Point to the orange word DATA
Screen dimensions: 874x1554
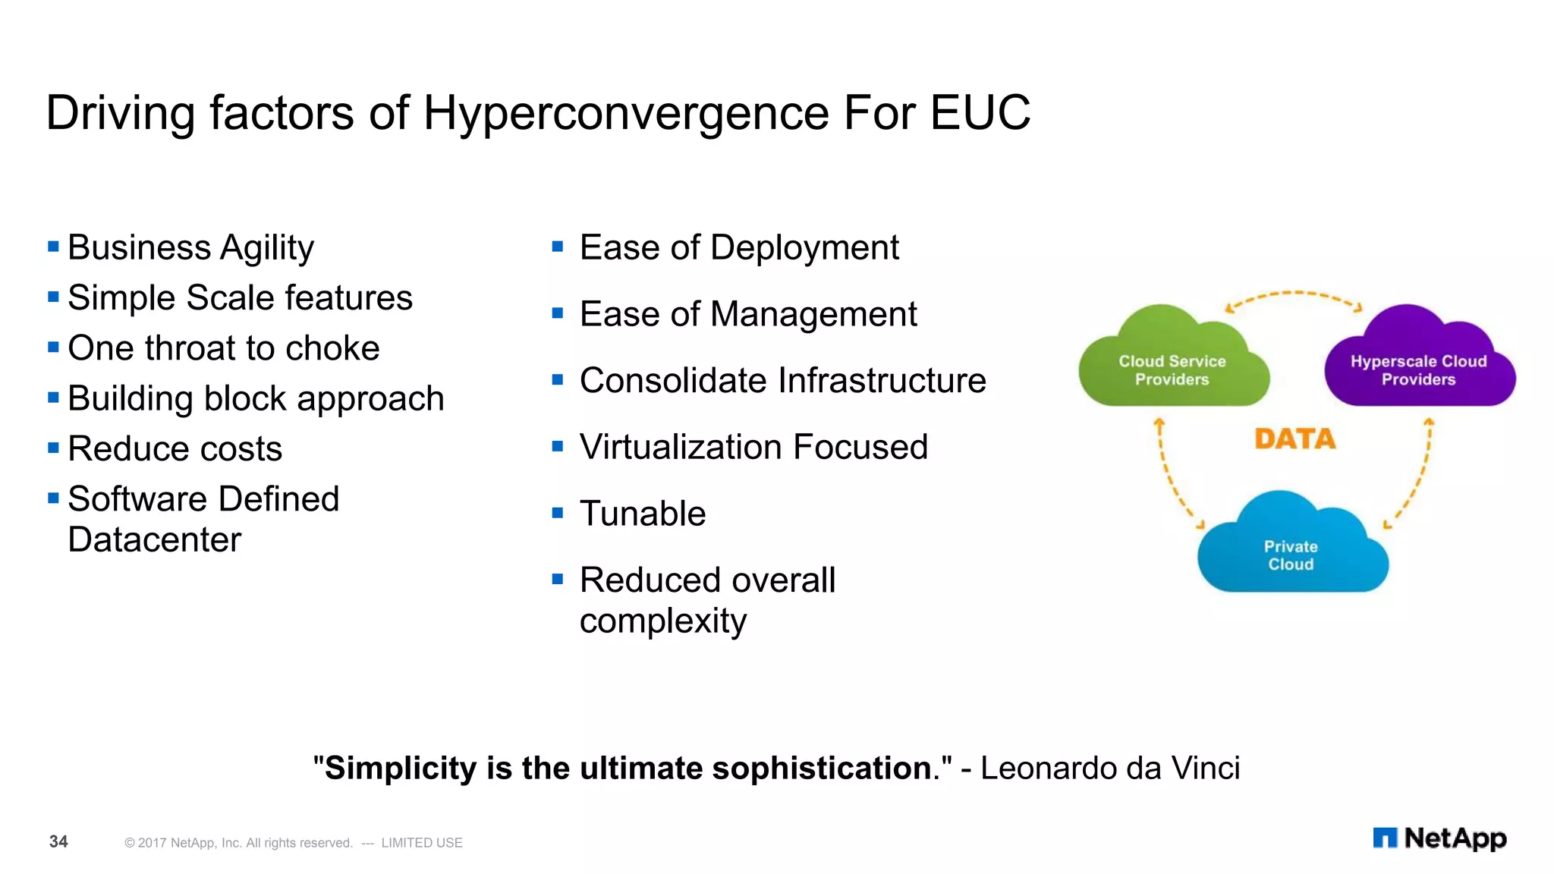(1294, 439)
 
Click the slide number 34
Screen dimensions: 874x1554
(58, 841)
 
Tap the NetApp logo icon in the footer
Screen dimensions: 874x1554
(1385, 838)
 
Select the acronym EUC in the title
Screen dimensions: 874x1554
(980, 113)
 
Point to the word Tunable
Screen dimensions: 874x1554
(643, 514)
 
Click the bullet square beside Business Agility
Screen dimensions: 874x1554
(53, 247)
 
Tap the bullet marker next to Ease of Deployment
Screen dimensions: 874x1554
(558, 247)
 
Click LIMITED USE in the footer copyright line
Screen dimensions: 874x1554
(422, 843)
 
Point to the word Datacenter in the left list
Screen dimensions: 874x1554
(154, 540)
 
